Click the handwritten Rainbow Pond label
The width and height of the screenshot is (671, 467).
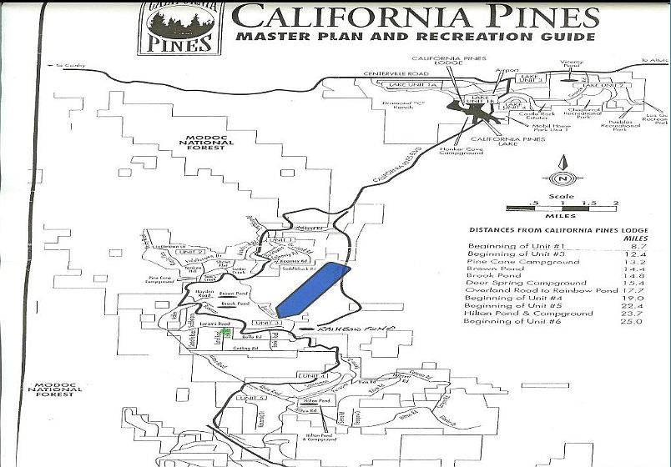(360, 329)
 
